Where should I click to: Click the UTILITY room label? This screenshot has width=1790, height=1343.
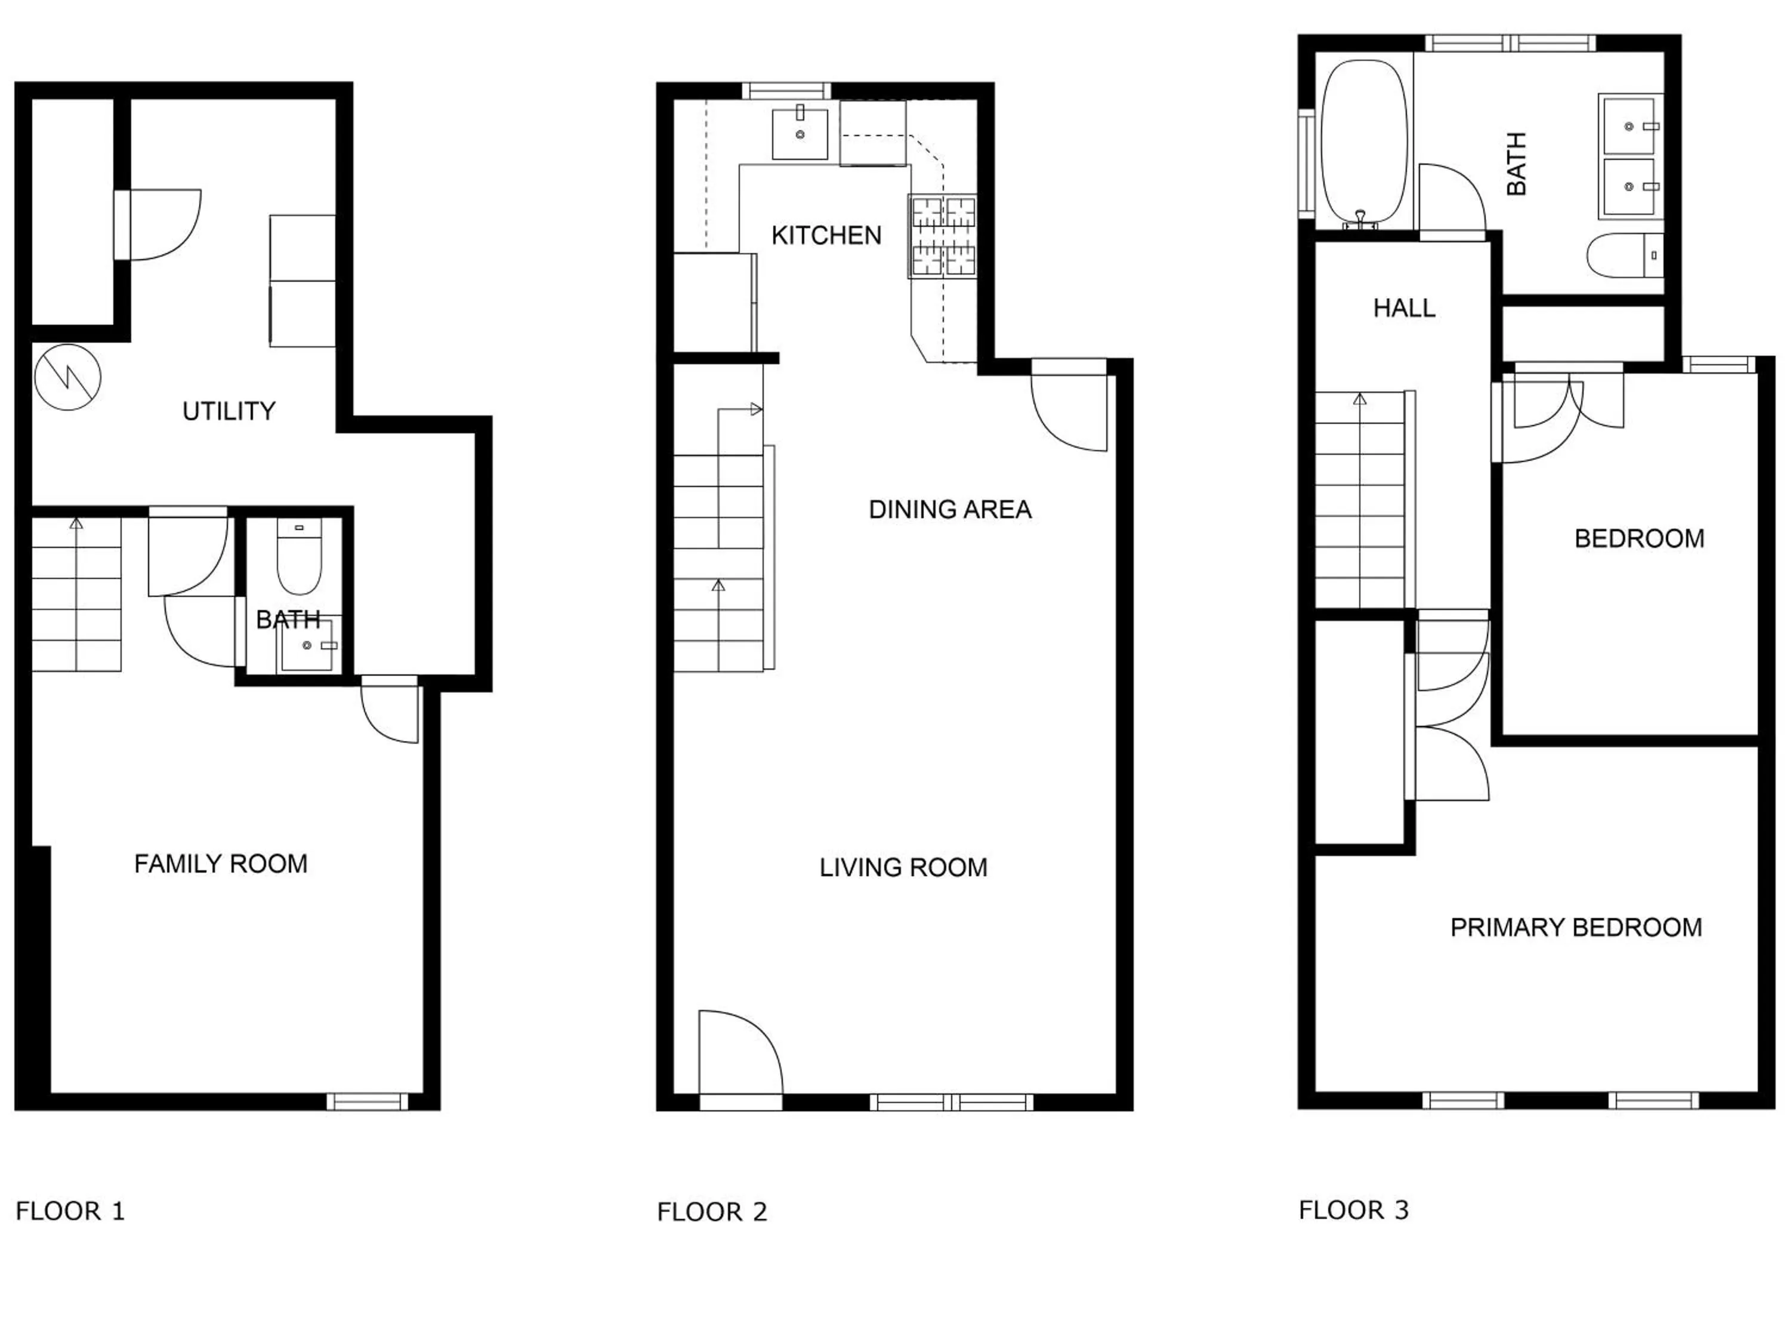[229, 411]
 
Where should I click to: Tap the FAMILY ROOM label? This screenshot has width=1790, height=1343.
[220, 864]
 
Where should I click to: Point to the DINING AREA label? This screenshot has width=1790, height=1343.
[949, 509]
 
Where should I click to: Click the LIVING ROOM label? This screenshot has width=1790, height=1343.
[903, 868]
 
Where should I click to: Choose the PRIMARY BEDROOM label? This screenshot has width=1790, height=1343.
[1576, 928]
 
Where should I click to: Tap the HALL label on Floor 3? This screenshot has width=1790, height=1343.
[1404, 307]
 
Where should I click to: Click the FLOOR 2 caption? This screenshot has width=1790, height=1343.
[711, 1212]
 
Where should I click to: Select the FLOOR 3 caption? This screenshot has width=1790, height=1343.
[1353, 1210]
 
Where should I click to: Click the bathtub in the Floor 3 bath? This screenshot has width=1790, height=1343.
[1363, 141]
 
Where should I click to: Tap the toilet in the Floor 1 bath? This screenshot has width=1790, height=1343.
[300, 559]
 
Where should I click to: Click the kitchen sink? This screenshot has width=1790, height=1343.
[800, 134]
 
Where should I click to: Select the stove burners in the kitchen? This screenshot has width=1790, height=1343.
[943, 236]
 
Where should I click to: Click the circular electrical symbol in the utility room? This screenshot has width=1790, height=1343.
[67, 377]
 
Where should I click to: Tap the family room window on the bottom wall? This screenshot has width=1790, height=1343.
[368, 1101]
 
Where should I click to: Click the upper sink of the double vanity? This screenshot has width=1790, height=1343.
[1629, 125]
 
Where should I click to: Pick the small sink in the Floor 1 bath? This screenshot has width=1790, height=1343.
[306, 646]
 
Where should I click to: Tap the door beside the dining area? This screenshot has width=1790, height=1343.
[1068, 409]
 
